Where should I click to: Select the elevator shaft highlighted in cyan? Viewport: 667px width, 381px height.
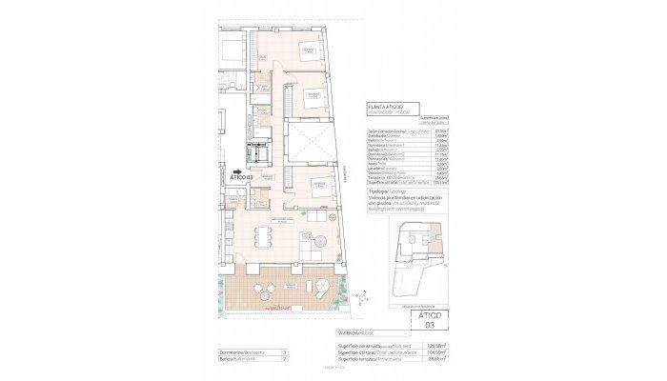[x=257, y=151]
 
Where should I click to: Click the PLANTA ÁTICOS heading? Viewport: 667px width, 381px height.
[x=386, y=108]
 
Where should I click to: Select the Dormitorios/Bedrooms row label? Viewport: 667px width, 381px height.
[x=242, y=352]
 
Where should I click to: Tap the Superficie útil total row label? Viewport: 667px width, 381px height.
[x=372, y=352]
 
